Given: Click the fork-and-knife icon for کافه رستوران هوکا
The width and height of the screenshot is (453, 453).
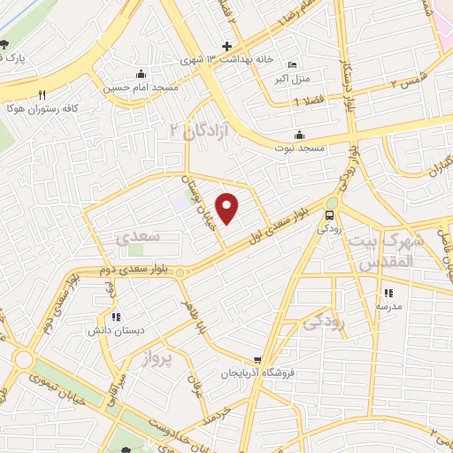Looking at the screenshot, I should (41, 93).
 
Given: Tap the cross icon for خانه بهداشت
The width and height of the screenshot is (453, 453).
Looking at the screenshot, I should (226, 45).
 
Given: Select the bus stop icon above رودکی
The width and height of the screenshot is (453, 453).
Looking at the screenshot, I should (330, 215).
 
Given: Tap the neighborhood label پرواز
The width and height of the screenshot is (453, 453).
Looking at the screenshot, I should (160, 358).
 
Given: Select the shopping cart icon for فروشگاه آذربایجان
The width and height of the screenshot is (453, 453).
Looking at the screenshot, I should (257, 360).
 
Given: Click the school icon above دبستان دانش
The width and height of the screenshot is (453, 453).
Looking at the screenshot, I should (115, 317).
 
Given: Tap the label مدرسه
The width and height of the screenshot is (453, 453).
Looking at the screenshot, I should (388, 306).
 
